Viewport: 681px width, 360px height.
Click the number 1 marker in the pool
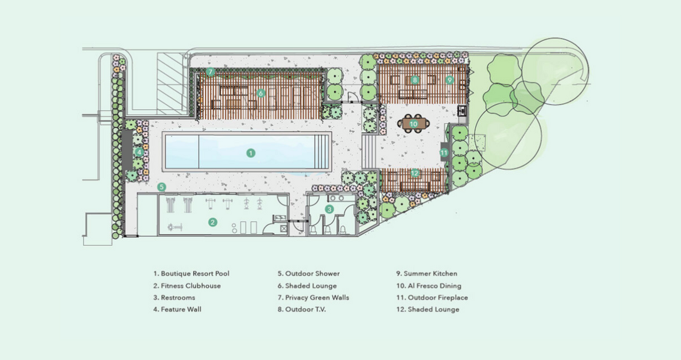(x=251, y=153)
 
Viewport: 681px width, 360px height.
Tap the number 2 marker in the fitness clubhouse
(x=212, y=221)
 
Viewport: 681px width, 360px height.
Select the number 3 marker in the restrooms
(x=329, y=209)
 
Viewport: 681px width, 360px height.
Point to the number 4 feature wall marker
(x=139, y=152)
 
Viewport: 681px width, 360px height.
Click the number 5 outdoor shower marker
(x=161, y=187)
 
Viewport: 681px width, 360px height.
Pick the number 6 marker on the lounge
(x=260, y=93)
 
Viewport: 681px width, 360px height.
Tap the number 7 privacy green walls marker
(x=210, y=72)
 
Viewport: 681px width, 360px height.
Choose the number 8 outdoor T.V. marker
(x=415, y=79)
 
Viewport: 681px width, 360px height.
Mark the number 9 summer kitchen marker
(x=449, y=79)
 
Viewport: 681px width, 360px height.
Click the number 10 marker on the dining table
(x=413, y=124)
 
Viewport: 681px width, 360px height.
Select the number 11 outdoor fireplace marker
(x=444, y=152)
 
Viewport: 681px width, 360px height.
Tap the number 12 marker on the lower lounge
(x=415, y=173)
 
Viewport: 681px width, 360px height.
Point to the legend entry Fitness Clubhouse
(x=187, y=286)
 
